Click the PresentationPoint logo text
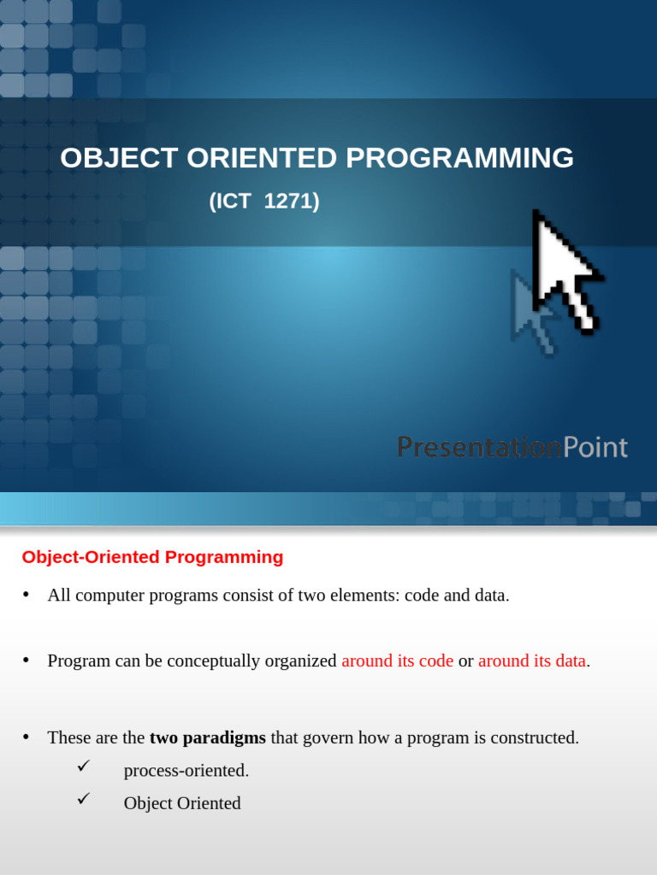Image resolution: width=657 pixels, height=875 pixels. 512,447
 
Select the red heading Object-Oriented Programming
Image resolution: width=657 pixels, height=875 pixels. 152,557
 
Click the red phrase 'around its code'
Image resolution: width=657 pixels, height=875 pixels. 397,661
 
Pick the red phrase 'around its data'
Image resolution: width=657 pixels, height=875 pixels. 532,661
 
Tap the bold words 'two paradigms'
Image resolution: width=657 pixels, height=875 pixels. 208,737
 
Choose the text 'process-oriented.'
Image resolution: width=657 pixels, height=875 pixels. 186,771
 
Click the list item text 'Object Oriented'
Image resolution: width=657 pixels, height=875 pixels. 182,803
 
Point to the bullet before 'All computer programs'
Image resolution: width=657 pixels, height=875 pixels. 27,595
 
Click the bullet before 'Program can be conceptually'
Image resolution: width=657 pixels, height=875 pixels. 27,661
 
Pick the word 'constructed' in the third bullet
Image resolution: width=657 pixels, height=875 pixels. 534,737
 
